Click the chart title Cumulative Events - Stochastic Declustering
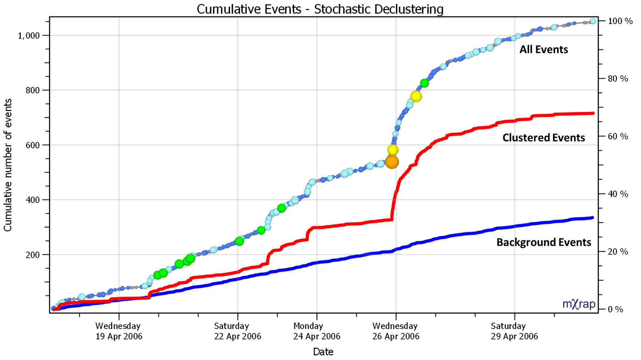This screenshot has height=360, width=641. click(320, 9)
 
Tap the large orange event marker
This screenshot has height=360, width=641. click(392, 162)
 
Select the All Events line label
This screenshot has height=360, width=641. click(543, 50)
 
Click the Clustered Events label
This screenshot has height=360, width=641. click(543, 138)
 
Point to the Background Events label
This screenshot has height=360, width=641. click(543, 242)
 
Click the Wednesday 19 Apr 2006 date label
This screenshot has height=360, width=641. click(119, 331)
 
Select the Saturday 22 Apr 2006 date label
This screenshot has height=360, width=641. click(237, 331)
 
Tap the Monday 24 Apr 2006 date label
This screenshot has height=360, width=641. click(316, 331)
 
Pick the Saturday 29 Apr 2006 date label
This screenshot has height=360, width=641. click(514, 331)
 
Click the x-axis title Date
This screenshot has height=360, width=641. click(323, 352)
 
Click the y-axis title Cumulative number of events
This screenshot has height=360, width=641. click(8, 165)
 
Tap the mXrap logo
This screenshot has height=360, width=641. click(579, 304)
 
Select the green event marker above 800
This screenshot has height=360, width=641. click(424, 83)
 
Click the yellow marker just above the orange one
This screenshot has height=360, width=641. click(393, 150)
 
